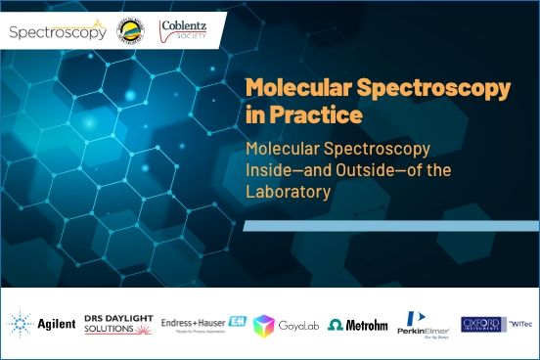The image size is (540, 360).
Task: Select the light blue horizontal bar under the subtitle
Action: pyautogui.click(x=390, y=226)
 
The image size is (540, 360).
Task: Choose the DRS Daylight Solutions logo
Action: pyautogui.click(x=117, y=324)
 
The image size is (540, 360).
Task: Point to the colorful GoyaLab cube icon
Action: pyautogui.click(x=263, y=325)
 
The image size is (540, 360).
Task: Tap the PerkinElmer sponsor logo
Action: pyautogui.click(x=424, y=324)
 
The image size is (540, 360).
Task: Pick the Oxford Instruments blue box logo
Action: pyautogui.click(x=480, y=324)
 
